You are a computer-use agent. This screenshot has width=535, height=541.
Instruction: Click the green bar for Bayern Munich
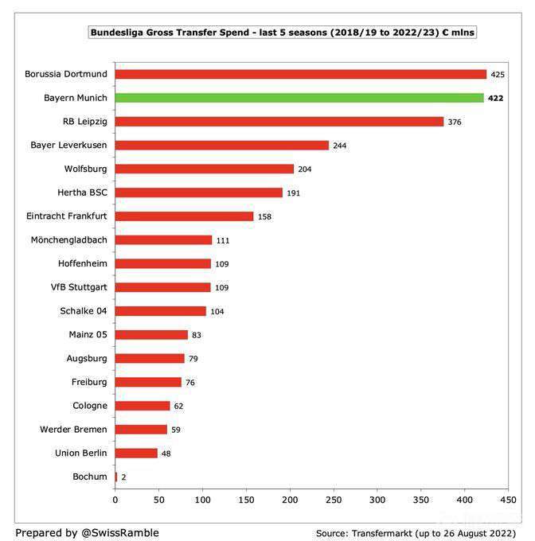(x=299, y=98)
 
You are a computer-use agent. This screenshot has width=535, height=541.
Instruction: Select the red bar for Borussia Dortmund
(x=301, y=74)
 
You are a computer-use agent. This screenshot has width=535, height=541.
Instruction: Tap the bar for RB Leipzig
(x=279, y=122)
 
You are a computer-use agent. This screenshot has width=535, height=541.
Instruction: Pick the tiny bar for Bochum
(x=116, y=477)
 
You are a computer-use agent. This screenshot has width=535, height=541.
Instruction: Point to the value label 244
(x=340, y=146)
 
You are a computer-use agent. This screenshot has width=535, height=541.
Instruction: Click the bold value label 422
(x=497, y=98)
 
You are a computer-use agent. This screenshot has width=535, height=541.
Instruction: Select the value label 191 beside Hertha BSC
(x=295, y=193)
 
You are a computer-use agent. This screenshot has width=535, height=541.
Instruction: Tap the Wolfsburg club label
(x=85, y=169)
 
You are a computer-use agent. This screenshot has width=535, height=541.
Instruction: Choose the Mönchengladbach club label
(x=68, y=239)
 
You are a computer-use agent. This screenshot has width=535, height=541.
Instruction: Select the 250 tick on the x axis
(x=334, y=500)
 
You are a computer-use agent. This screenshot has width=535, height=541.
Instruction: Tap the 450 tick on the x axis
(x=508, y=500)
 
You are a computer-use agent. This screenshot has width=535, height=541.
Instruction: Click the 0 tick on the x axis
(x=115, y=500)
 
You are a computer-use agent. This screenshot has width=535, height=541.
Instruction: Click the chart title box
(x=283, y=33)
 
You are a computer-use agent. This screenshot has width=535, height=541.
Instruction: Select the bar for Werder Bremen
(x=141, y=429)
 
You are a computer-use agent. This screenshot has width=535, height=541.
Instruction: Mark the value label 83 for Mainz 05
(x=197, y=335)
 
